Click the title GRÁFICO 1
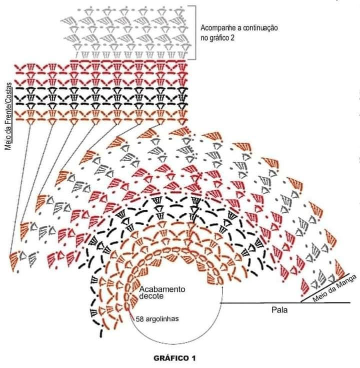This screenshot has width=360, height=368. [x=174, y=358]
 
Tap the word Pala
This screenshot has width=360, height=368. [x=279, y=310]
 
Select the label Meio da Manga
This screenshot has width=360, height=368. [x=334, y=289]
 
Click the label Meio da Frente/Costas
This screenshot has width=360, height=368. [x=8, y=116]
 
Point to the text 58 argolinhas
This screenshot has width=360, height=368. [x=157, y=319]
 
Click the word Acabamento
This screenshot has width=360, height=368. [x=162, y=289]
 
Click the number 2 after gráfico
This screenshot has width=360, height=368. [x=232, y=38]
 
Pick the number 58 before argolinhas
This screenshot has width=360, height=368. [x=139, y=319]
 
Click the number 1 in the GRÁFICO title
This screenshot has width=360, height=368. [x=193, y=358]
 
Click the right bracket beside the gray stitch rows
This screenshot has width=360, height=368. [x=195, y=33]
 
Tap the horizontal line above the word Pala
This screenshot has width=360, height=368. [x=285, y=303]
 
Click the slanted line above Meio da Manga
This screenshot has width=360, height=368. [x=325, y=287]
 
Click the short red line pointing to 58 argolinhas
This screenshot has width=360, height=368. [x=131, y=314]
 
